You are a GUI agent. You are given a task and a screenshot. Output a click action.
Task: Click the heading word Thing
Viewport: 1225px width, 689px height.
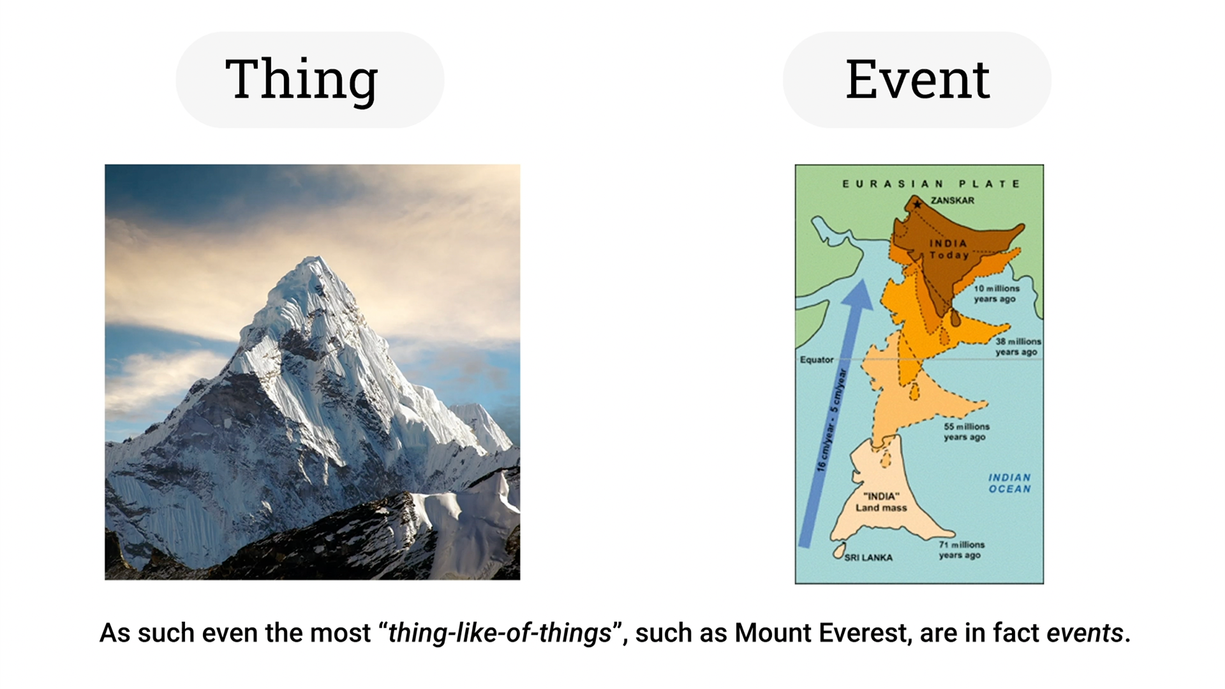point(302,79)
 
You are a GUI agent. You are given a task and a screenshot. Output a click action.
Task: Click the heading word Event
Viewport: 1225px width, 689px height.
point(917,79)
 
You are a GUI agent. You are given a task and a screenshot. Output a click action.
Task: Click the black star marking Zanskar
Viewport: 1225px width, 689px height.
point(917,204)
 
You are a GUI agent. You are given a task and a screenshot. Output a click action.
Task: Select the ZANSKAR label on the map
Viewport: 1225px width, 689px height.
point(952,200)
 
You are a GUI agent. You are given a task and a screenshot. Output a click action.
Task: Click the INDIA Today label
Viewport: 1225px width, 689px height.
point(949,249)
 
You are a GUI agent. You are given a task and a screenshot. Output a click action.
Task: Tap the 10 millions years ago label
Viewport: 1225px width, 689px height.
point(997,293)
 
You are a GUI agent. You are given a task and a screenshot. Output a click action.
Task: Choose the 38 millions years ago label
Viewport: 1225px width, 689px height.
point(1018,346)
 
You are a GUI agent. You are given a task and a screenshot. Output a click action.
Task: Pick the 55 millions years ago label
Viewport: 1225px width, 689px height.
point(967,431)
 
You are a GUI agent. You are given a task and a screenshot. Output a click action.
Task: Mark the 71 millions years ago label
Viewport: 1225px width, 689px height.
point(961,549)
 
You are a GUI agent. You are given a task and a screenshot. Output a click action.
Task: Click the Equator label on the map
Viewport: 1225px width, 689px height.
point(817,360)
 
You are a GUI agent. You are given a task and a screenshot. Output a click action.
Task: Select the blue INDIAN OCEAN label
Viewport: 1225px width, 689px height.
point(1009,483)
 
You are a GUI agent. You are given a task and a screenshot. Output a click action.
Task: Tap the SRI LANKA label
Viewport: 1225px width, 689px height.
point(868,558)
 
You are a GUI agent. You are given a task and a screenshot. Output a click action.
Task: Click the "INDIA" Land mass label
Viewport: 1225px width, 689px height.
point(881,501)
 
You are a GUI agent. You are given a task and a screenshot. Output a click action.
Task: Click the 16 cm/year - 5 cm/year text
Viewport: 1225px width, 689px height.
point(831,420)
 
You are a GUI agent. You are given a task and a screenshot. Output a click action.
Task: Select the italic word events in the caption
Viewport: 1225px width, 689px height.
point(1085,633)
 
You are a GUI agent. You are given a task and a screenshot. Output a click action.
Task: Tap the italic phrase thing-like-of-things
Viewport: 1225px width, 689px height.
point(500,633)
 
